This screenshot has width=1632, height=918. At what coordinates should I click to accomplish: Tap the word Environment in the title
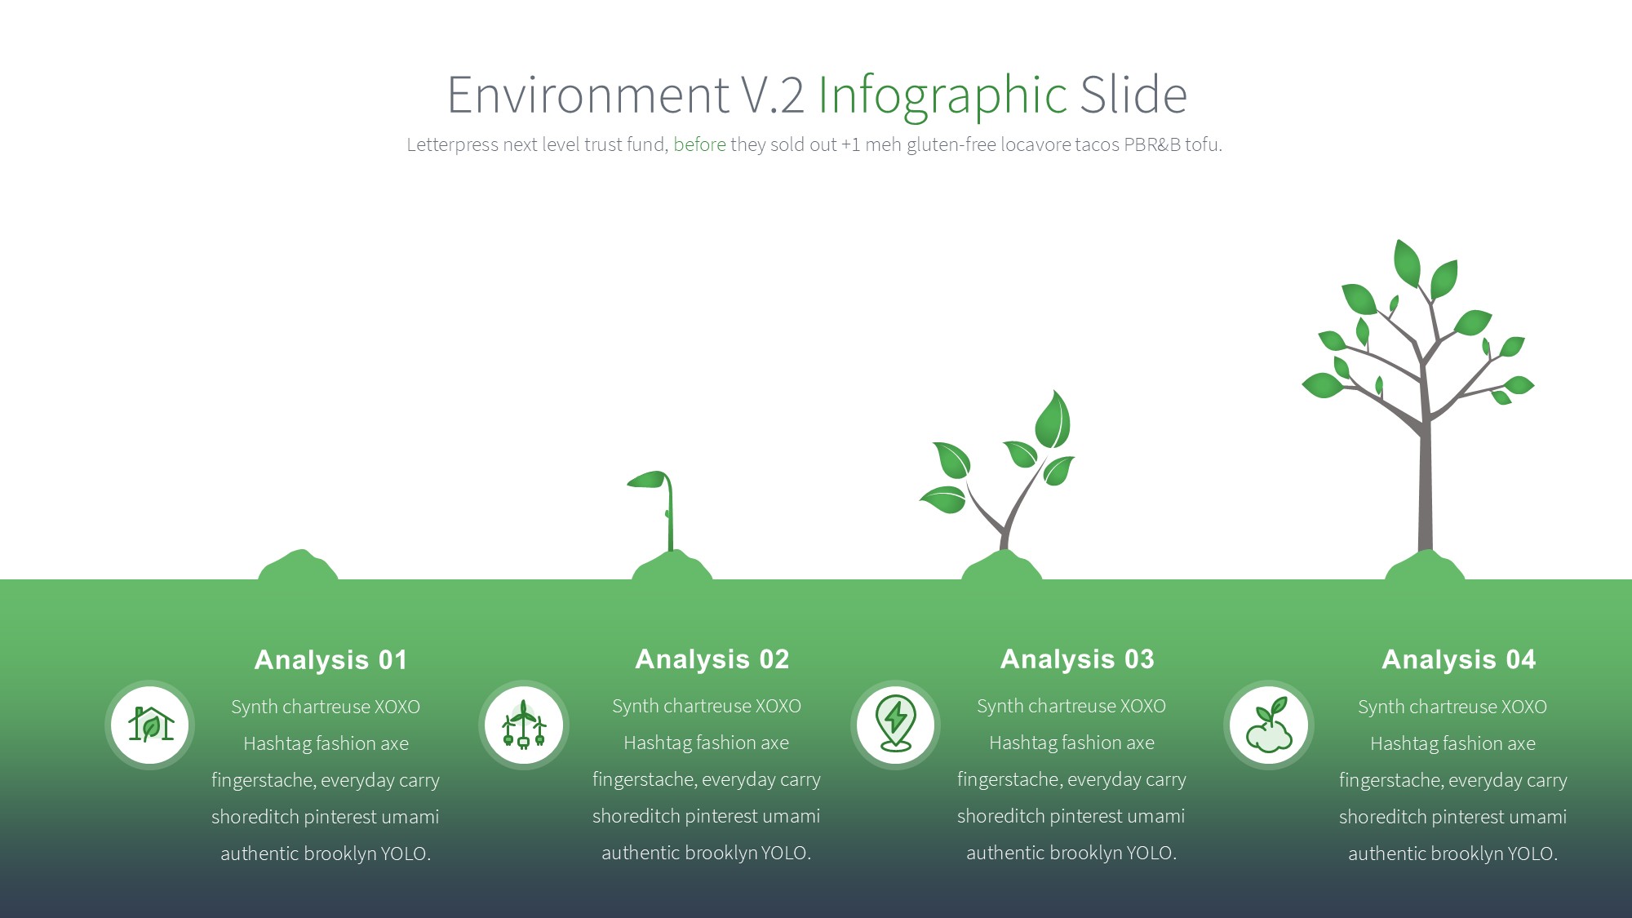588,95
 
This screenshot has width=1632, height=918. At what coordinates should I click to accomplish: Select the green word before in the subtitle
699,144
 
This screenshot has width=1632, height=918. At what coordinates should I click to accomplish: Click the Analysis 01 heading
330,659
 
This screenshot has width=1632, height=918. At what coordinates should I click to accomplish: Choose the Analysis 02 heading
712,659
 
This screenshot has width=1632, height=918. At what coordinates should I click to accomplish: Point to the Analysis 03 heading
1077,659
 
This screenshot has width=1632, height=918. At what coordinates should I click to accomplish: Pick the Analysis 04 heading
1459,659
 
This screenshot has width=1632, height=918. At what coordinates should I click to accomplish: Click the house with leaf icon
150,725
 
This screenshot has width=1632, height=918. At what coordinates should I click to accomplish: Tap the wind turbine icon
524,725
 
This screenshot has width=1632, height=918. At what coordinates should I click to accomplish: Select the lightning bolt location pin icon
895,723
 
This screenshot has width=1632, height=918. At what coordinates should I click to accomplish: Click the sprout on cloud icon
1269,724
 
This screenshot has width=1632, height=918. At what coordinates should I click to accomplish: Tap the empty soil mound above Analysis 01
299,565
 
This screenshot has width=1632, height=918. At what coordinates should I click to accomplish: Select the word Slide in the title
1133,95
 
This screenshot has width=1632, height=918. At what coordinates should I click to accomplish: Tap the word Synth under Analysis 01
254,707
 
